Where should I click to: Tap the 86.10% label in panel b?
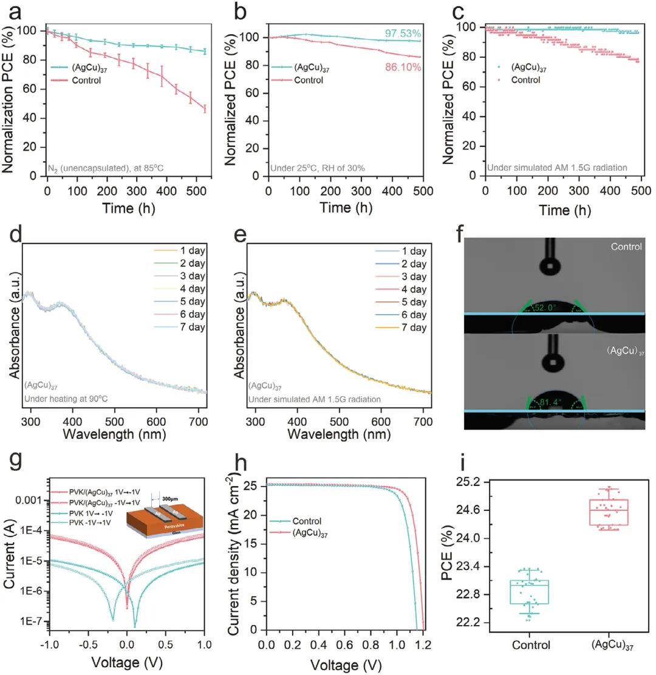402,67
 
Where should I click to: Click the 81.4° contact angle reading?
547,402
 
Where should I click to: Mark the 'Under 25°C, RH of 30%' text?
317,165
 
